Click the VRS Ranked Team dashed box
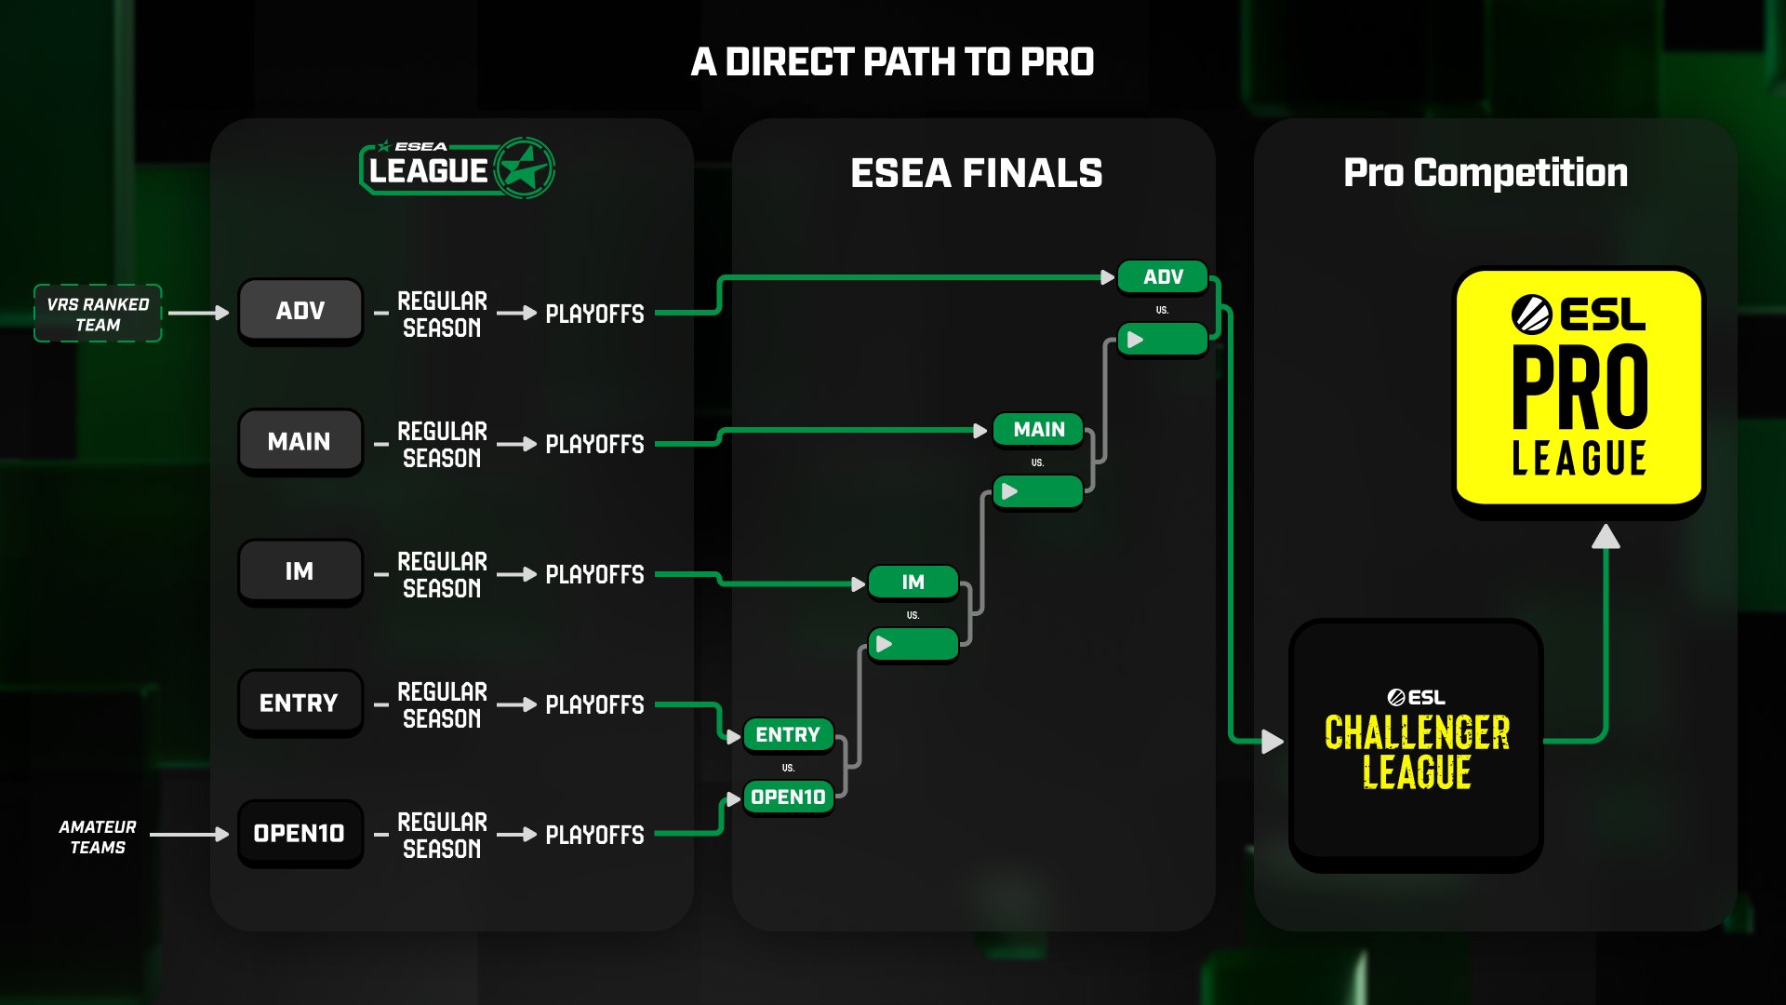click(98, 314)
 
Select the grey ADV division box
click(300, 311)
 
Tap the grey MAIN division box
click(300, 441)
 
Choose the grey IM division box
click(300, 571)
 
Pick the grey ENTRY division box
click(300, 703)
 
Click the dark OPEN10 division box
click(300, 833)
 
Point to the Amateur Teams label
click(98, 837)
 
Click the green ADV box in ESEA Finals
click(1163, 276)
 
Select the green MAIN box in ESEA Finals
click(1038, 429)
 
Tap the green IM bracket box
click(913, 582)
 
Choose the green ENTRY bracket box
click(788, 734)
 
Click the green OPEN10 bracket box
click(788, 797)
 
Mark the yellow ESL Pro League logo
click(1579, 388)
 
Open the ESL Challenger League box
click(1416, 744)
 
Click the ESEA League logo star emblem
click(525, 168)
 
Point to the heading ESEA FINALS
click(976, 173)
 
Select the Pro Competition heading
click(1486, 173)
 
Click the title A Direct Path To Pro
click(892, 62)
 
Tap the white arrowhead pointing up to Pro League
click(1606, 537)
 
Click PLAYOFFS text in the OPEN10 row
click(594, 835)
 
